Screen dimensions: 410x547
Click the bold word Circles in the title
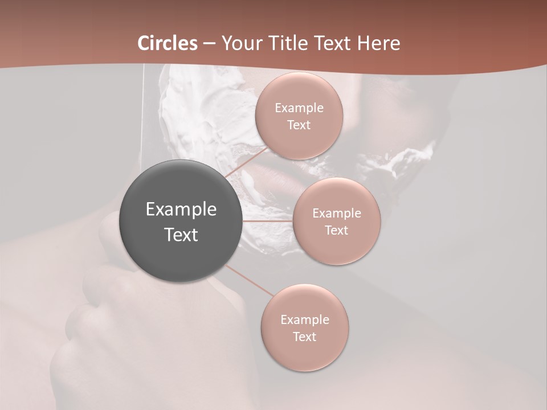click(x=167, y=43)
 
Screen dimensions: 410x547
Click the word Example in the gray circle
click(x=181, y=210)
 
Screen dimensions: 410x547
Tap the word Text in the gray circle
click(x=181, y=235)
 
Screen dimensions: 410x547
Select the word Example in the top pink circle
click(x=299, y=108)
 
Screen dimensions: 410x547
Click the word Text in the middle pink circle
click(x=336, y=231)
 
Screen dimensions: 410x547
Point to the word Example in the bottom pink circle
click(x=304, y=320)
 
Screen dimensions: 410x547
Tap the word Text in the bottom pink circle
click(x=304, y=337)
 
